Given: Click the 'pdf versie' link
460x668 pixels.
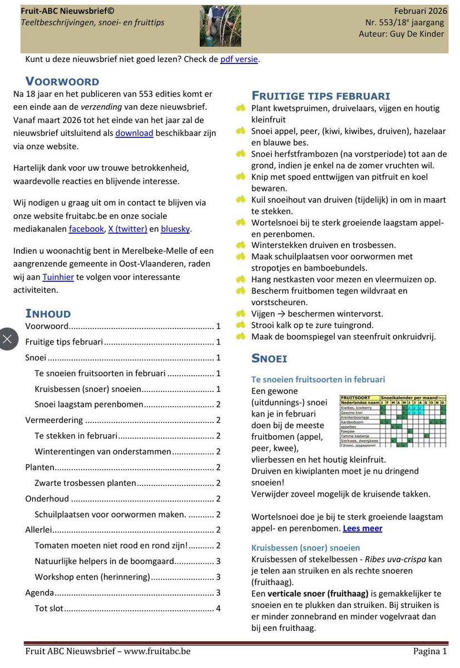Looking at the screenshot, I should [x=239, y=59].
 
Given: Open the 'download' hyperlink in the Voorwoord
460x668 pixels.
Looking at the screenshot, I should [x=134, y=133].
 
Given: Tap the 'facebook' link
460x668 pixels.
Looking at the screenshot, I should [x=86, y=229].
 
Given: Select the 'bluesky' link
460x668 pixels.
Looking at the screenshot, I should [x=175, y=229].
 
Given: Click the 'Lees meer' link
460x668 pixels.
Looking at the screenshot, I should [x=362, y=528].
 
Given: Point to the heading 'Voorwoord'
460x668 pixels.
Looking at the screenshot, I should [x=62, y=81].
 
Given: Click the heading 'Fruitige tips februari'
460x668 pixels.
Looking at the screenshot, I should [x=321, y=96].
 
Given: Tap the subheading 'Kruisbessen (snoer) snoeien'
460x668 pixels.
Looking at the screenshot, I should [x=305, y=548].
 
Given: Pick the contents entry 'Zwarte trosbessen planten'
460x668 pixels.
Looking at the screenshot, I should [x=86, y=483].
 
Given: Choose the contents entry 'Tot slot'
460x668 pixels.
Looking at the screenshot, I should [x=49, y=608].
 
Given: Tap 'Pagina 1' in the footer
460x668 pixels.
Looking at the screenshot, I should [x=429, y=651].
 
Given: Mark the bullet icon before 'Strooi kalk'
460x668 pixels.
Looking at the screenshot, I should [x=240, y=325].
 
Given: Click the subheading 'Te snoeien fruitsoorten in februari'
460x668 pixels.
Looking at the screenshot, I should [x=318, y=380].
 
